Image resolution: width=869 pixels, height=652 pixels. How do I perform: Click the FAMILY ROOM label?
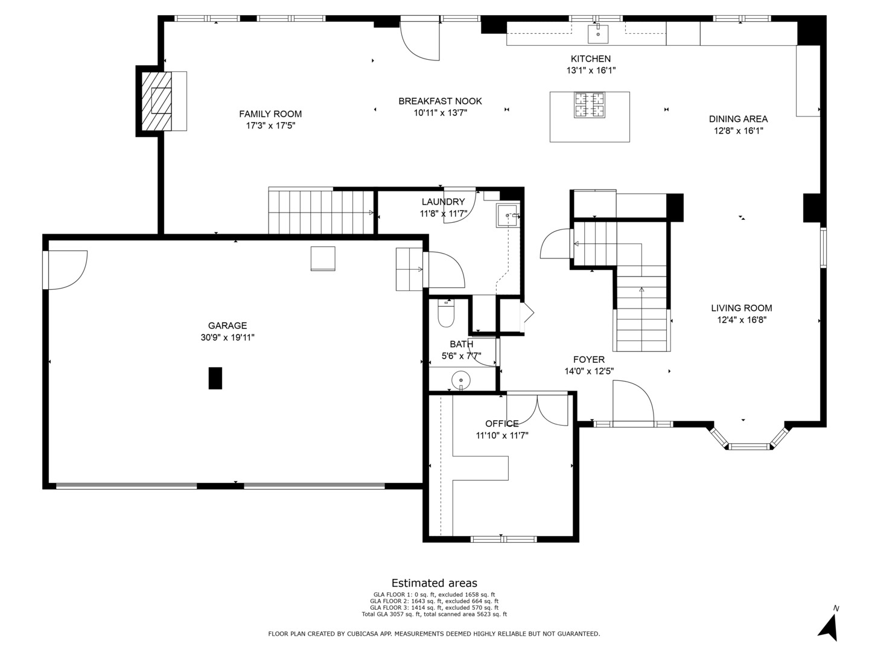(270, 114)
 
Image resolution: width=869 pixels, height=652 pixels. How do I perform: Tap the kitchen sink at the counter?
(597, 33)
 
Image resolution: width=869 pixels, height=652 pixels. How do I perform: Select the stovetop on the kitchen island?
(590, 105)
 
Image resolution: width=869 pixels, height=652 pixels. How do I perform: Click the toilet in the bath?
(446, 313)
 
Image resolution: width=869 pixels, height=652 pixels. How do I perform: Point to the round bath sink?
(460, 380)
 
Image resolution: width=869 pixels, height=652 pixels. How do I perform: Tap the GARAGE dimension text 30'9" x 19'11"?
(228, 337)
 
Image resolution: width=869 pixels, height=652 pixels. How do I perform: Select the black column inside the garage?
(215, 378)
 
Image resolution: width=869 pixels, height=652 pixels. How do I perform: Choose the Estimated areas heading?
(434, 583)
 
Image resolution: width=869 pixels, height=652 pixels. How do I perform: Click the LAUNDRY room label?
(443, 202)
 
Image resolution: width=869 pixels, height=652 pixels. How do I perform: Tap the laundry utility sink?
(507, 216)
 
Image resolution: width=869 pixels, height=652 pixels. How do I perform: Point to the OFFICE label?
(502, 424)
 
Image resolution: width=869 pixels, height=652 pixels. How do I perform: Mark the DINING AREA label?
(738, 119)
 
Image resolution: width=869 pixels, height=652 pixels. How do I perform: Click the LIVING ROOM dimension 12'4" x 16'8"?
(742, 320)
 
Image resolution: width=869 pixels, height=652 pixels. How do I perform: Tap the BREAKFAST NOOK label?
(440, 101)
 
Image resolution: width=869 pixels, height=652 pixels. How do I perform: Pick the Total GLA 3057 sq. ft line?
(434, 615)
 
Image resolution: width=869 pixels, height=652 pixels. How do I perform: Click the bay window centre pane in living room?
(749, 447)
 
